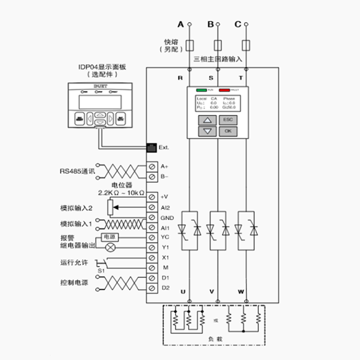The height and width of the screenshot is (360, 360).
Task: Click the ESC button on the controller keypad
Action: [228, 120]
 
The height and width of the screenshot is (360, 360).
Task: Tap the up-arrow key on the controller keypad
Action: [207, 120]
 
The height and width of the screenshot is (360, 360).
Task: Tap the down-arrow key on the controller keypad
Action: [207, 131]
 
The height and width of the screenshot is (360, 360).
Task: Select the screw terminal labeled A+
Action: [152, 166]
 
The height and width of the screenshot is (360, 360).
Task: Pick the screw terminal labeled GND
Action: [152, 218]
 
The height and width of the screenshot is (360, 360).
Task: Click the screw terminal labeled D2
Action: [152, 288]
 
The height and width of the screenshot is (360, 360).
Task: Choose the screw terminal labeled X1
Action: [152, 258]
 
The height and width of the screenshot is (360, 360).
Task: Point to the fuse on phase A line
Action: [190, 45]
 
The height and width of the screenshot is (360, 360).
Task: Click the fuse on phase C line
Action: [246, 45]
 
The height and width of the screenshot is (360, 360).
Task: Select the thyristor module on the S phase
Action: [218, 230]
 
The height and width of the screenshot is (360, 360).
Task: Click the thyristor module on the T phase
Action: [246, 230]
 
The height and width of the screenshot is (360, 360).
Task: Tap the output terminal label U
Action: [183, 292]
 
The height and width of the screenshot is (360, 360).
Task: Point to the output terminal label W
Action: [241, 292]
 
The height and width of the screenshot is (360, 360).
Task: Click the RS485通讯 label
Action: [77, 171]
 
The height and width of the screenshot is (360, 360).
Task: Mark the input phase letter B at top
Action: [211, 24]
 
